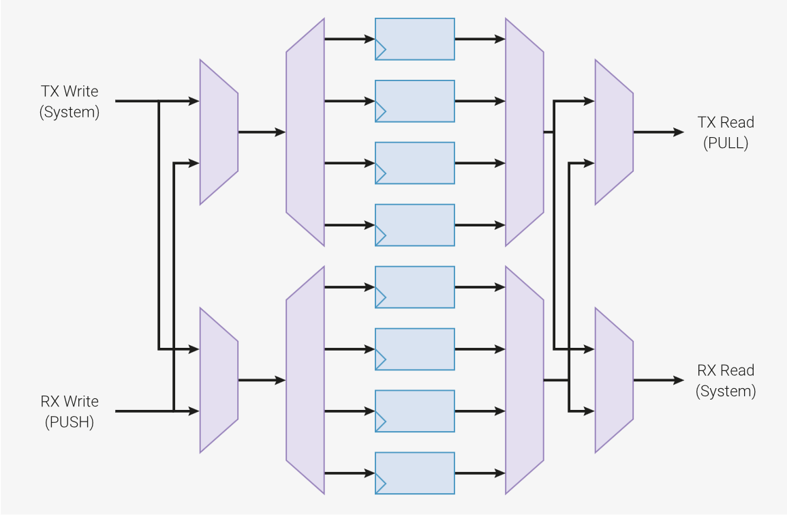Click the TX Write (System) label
[69, 102]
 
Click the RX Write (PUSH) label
[69, 411]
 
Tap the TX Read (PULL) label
[725, 132]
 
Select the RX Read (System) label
[725, 381]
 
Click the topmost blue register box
[414, 39]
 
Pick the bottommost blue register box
[414, 473]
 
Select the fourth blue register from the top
[414, 225]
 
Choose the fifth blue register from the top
[414, 287]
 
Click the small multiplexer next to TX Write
[219, 132]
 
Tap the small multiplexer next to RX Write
[219, 380]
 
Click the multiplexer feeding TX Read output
[614, 132]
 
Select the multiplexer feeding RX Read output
[614, 380]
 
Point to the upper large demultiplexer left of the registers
[305, 132]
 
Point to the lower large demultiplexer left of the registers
[305, 380]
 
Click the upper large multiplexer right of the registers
[524, 132]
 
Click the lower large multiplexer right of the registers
[524, 380]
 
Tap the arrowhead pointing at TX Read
[679, 132]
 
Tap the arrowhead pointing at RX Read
[679, 380]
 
